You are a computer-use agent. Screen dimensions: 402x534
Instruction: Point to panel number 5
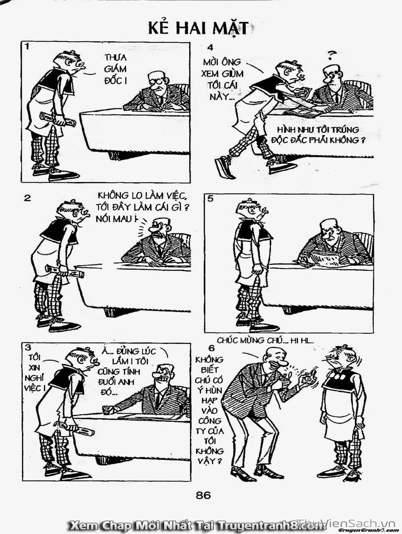click(x=210, y=199)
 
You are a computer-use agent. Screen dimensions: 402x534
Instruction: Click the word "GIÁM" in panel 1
click(x=115, y=69)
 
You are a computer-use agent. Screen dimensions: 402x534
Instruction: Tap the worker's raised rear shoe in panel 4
click(x=223, y=166)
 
